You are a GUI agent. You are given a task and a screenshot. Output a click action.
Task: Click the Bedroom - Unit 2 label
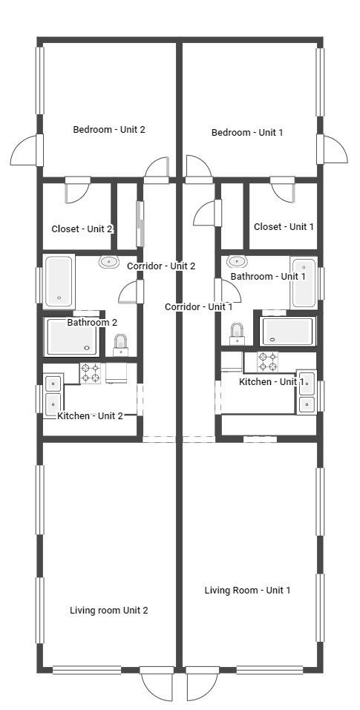108,129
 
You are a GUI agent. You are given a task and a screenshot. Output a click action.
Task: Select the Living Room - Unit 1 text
247,590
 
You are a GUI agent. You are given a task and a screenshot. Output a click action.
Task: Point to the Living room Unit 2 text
108,610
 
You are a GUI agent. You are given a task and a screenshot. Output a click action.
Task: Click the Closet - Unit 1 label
284,226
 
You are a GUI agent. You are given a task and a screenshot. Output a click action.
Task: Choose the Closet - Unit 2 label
82,229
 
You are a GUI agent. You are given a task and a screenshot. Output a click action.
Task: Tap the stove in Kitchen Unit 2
91,372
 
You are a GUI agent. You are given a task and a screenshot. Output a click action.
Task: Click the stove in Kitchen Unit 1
267,361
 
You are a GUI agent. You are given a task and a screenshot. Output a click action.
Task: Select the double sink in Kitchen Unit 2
53,394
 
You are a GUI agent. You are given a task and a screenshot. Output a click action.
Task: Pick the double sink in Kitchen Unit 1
307,392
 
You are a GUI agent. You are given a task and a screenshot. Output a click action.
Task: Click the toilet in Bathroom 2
120,344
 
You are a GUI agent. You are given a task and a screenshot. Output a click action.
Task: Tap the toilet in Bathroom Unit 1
238,334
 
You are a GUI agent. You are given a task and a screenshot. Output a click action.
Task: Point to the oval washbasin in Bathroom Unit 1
237,261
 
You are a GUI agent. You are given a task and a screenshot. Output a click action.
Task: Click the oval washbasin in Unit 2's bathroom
109,261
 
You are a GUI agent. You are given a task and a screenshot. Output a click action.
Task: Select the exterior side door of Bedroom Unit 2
26,151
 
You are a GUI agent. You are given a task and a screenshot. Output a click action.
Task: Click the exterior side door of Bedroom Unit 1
332,150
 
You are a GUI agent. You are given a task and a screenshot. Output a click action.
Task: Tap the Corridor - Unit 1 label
198,306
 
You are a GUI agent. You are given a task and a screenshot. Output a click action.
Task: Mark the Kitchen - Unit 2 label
90,415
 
